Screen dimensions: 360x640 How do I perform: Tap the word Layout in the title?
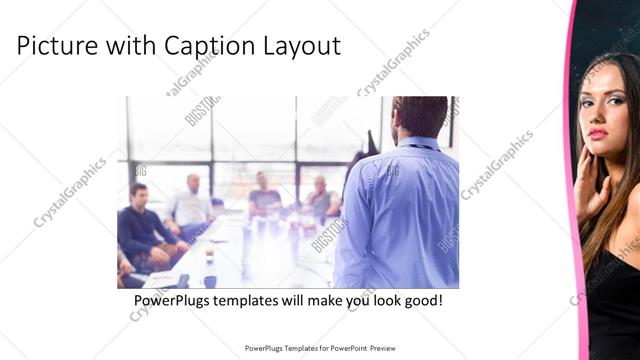(x=301, y=46)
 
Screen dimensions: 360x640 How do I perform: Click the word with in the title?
(x=127, y=46)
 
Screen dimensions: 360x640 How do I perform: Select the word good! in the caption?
(x=419, y=300)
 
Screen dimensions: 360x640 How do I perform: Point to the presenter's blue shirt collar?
(x=418, y=142)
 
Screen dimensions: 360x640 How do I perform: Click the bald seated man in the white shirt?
(x=191, y=205)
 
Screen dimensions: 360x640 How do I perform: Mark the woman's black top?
(x=615, y=300)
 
